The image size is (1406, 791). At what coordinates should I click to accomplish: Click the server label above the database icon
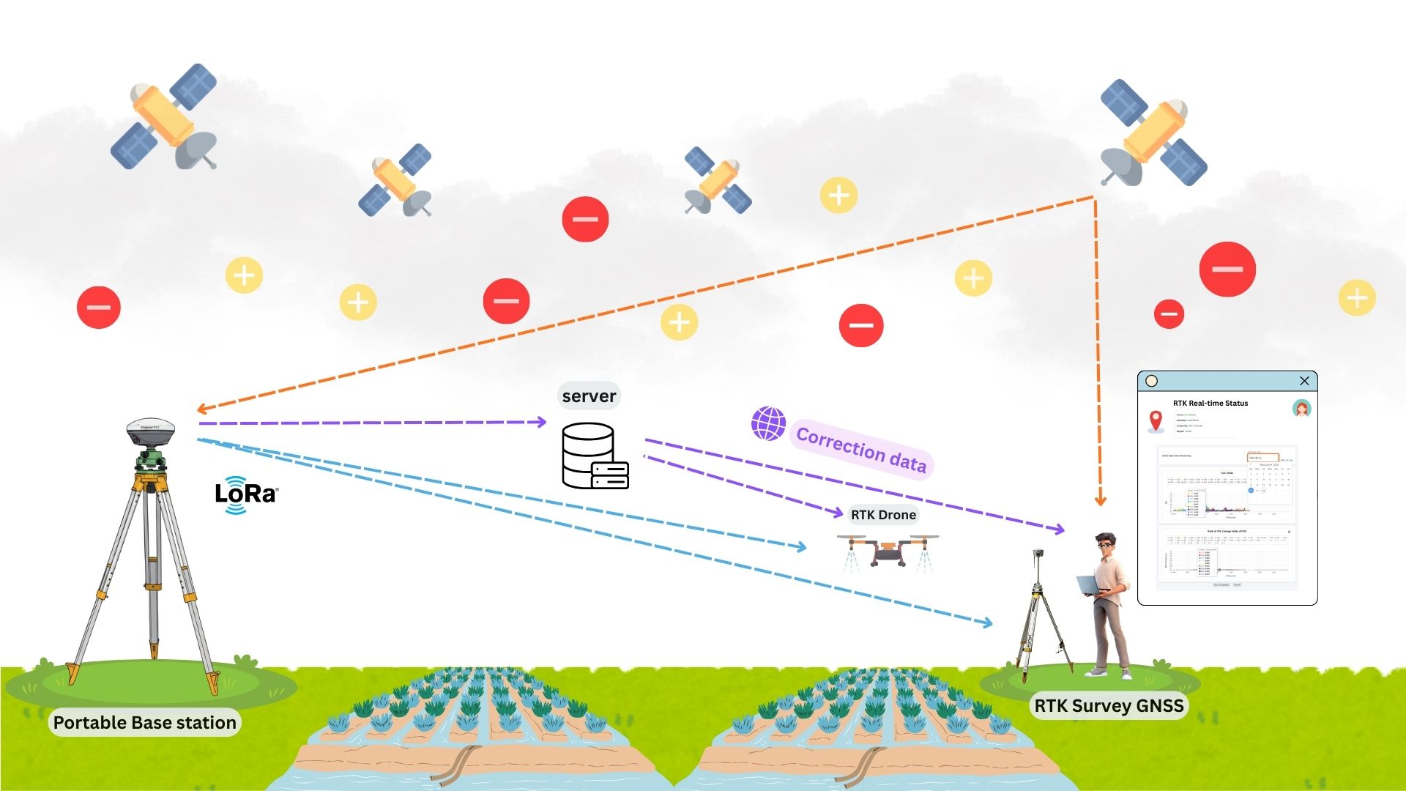(589, 396)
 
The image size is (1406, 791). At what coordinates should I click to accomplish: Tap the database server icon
(594, 456)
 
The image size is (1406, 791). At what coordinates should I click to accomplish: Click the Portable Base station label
(144, 723)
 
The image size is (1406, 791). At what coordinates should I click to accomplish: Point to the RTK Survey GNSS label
(1109, 706)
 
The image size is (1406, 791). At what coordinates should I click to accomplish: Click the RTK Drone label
(883, 515)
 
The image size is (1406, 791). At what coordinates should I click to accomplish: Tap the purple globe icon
(768, 424)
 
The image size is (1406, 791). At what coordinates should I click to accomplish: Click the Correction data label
(861, 450)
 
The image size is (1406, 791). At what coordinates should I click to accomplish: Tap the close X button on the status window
(1304, 381)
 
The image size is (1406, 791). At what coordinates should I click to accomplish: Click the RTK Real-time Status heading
(1210, 404)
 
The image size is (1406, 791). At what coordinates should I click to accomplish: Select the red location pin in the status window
(1156, 420)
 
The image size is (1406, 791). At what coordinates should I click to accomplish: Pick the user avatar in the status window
(1301, 409)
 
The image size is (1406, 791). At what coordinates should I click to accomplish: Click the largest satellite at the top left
(165, 117)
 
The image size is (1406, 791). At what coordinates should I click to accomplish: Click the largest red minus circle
(1227, 270)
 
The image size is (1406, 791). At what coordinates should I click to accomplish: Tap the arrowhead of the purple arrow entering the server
(542, 422)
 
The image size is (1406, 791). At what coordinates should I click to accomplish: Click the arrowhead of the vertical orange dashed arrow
(1100, 502)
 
